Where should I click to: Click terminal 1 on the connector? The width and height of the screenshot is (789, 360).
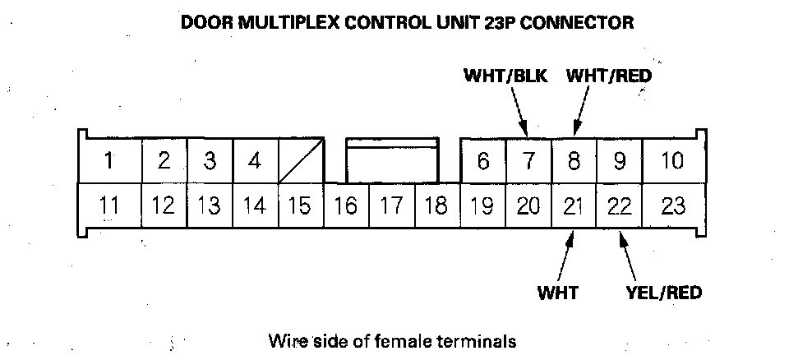pyautogui.click(x=108, y=161)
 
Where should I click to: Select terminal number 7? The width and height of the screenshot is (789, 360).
pyautogui.click(x=528, y=161)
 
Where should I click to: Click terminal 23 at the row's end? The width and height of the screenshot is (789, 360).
pyautogui.click(x=673, y=205)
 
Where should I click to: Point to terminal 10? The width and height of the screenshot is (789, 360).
pyautogui.click(x=672, y=161)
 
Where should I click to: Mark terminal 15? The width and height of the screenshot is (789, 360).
pyautogui.click(x=300, y=205)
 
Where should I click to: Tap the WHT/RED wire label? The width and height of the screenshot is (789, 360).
pyautogui.click(x=609, y=76)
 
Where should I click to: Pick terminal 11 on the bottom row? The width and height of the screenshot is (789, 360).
pyautogui.click(x=108, y=205)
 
